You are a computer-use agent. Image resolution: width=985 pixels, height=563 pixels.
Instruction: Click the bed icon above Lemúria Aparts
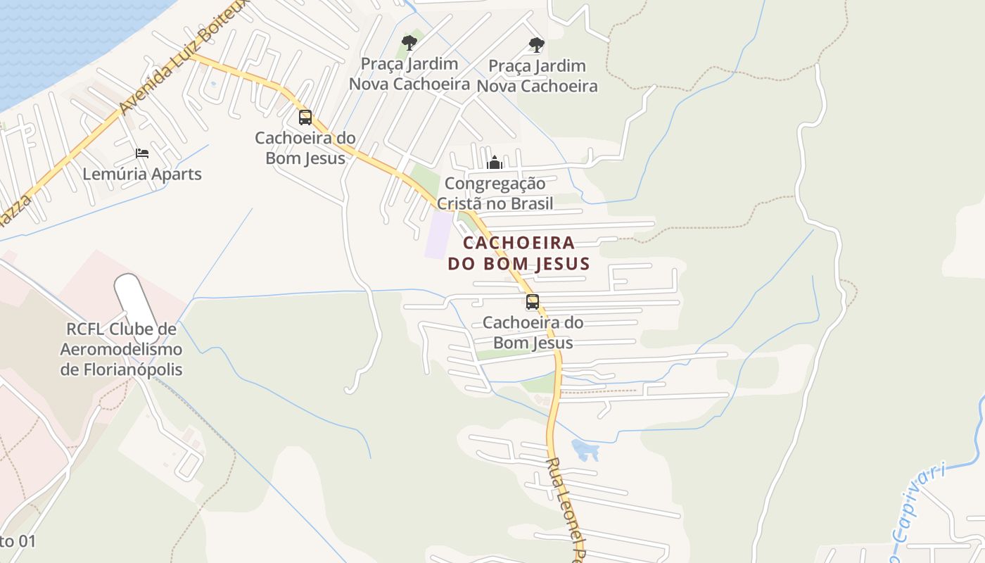click(142, 153)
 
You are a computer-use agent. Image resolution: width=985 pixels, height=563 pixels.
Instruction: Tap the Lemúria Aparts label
click(142, 174)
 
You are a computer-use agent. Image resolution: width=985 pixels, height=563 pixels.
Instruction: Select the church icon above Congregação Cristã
click(495, 163)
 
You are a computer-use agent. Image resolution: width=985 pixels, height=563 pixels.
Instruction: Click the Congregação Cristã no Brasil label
click(495, 194)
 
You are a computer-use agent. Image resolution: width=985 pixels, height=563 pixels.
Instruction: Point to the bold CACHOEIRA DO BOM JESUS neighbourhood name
click(519, 253)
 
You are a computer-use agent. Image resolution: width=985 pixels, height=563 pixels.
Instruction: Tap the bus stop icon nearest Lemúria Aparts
click(305, 118)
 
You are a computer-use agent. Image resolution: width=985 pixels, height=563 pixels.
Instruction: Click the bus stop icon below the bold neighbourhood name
click(533, 302)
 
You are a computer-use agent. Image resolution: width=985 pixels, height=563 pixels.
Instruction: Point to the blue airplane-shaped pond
click(585, 449)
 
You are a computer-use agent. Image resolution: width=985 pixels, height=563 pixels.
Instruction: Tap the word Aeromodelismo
click(121, 349)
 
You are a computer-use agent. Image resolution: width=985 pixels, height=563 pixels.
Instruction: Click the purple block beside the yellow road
click(438, 234)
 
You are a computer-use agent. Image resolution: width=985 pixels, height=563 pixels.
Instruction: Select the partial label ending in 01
click(17, 541)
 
